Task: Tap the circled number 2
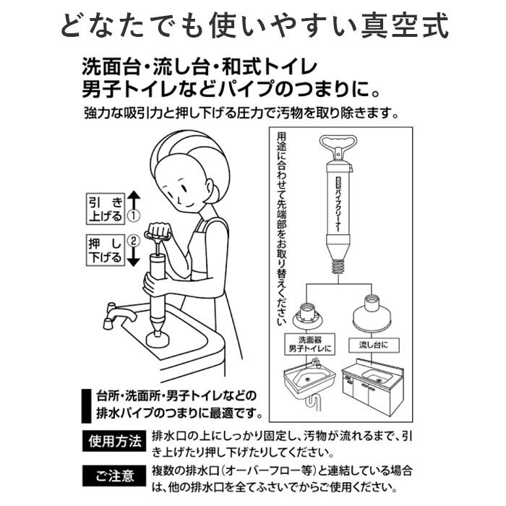[x=132, y=241]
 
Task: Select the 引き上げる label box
[x=105, y=207]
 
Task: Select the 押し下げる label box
[x=105, y=250]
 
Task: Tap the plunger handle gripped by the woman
[x=158, y=234]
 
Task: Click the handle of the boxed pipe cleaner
[x=337, y=145]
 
